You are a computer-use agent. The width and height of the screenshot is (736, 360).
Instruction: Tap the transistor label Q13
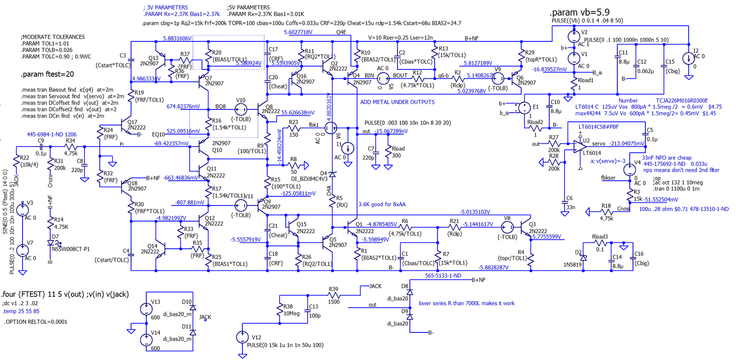(x=153, y=58)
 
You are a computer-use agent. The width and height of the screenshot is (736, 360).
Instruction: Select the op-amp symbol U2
(x=579, y=146)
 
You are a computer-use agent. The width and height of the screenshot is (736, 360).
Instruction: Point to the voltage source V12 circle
(x=242, y=337)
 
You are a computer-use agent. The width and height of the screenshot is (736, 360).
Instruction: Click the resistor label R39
(x=333, y=289)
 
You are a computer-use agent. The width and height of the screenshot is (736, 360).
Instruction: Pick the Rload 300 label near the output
(x=398, y=152)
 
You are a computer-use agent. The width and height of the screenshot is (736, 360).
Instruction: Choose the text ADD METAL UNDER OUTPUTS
(x=397, y=102)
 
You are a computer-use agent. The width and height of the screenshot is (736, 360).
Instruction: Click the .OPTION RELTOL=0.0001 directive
(x=36, y=322)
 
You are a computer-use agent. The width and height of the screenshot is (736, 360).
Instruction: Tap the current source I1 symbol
(x=348, y=148)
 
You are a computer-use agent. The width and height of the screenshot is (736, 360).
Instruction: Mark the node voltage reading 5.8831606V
(x=177, y=39)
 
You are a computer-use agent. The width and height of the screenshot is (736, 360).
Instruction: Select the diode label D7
(x=55, y=237)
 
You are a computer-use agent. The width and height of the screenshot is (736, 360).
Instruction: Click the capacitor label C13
(x=313, y=307)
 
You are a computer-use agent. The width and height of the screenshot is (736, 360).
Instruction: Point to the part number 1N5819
(x=572, y=265)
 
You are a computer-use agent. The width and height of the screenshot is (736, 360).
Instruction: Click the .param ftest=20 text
(x=47, y=74)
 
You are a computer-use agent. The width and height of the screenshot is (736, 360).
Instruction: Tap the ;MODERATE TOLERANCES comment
(x=53, y=37)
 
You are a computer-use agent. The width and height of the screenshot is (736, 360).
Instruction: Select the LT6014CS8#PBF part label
(x=598, y=126)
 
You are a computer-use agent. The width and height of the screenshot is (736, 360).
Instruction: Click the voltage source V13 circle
(x=146, y=309)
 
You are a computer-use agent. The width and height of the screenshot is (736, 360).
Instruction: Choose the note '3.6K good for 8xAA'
(x=382, y=205)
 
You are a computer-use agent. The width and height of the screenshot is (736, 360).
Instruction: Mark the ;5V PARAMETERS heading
(x=248, y=7)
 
